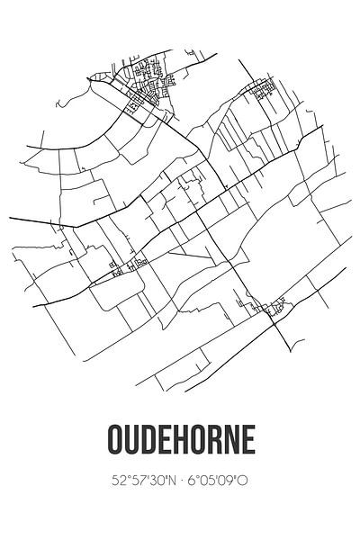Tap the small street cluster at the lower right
[272, 309]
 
